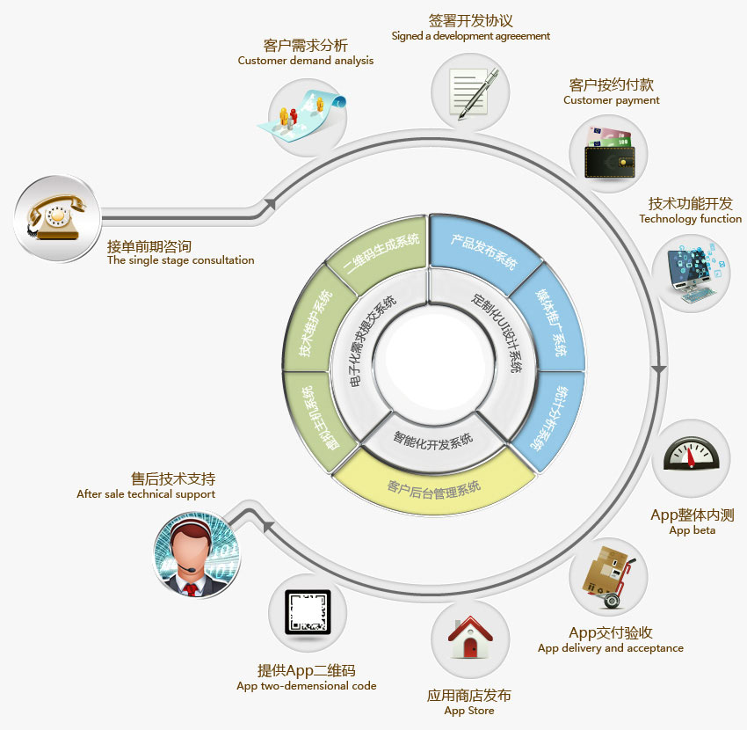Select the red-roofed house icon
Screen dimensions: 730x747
pyautogui.click(x=469, y=639)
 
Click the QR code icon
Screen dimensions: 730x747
pyautogui.click(x=308, y=613)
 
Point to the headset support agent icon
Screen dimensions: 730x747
pyautogui.click(x=197, y=556)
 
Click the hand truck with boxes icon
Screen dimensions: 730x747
pyautogui.click(x=608, y=577)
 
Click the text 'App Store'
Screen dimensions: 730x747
pyautogui.click(x=468, y=711)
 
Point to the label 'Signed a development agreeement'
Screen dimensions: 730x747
pyautogui.click(x=470, y=36)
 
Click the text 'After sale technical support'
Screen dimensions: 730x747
pyautogui.click(x=146, y=494)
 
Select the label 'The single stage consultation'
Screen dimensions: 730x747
pyautogui.click(x=180, y=260)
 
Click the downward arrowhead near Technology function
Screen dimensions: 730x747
pyautogui.click(x=657, y=371)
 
